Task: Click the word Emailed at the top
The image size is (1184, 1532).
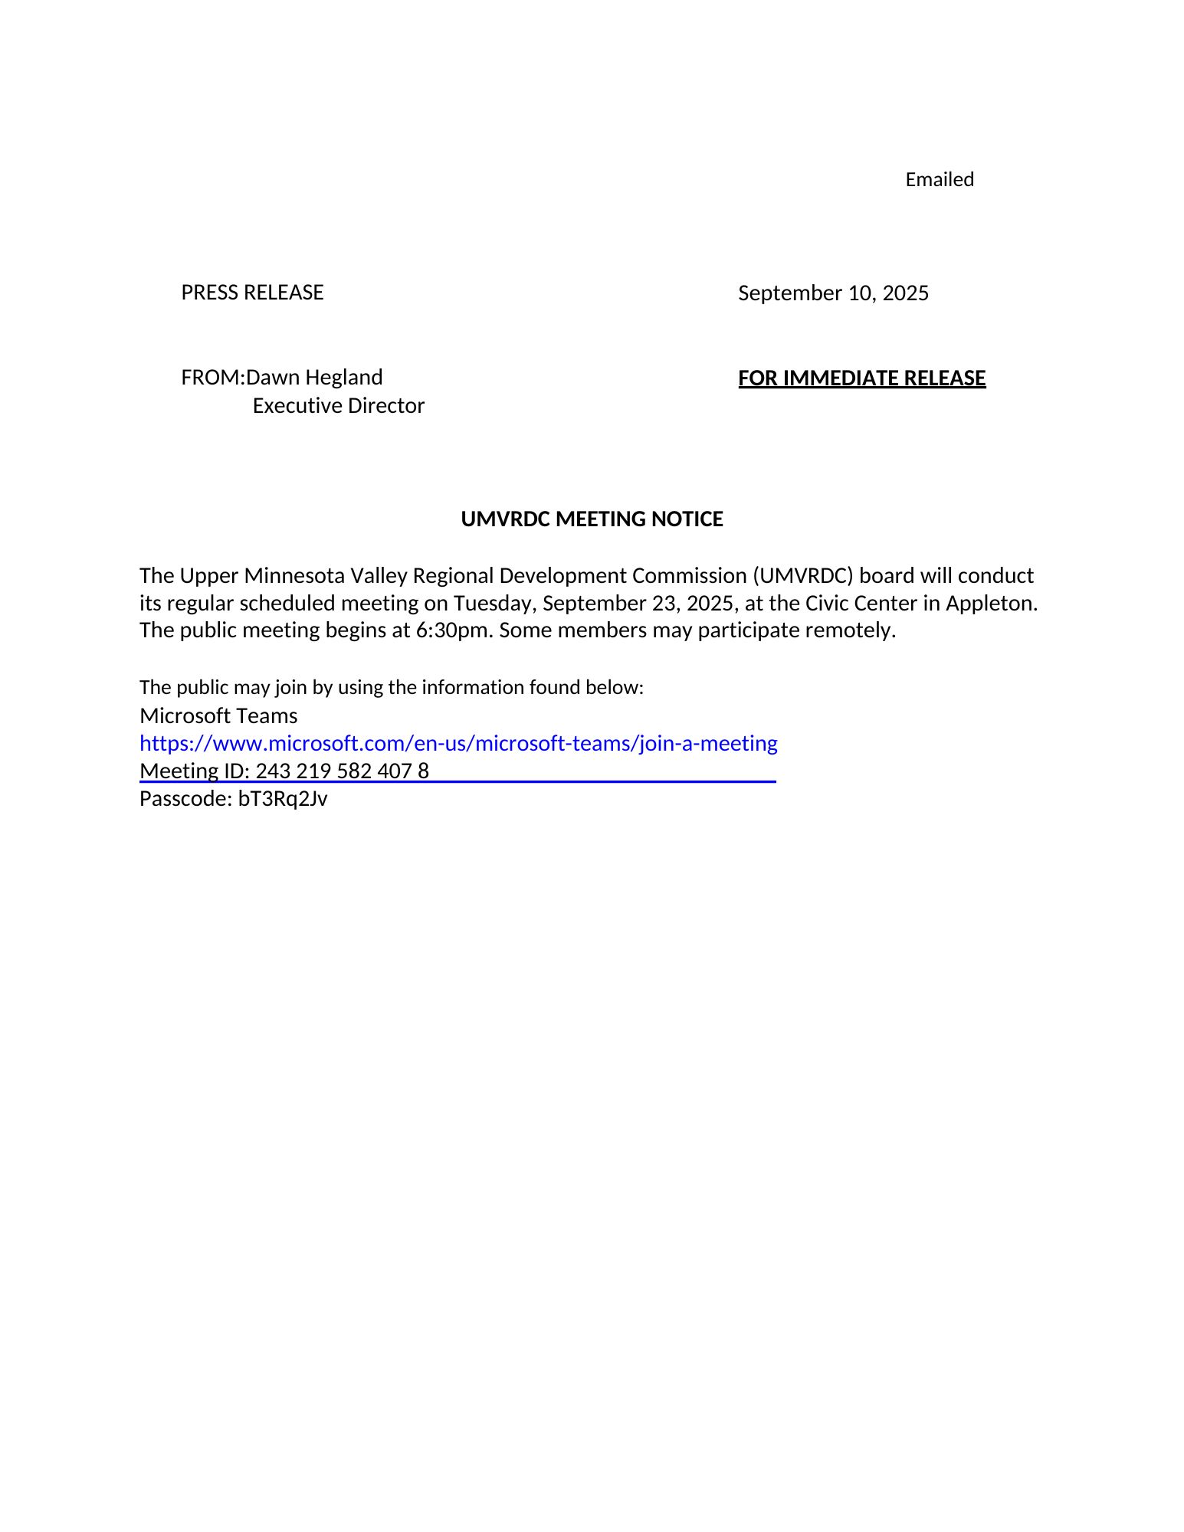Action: (939, 179)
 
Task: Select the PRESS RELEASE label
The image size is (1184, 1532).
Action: (252, 293)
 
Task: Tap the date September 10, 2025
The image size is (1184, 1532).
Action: (833, 293)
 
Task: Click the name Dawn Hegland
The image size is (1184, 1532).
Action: (314, 378)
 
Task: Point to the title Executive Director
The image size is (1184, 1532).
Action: (338, 406)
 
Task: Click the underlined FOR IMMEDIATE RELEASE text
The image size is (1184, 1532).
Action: (861, 378)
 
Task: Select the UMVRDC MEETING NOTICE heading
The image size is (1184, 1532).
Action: (592, 519)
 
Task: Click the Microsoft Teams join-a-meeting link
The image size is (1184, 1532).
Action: (458, 743)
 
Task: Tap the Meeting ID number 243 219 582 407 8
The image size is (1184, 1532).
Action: (342, 771)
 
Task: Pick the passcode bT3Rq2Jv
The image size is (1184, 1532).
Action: (283, 799)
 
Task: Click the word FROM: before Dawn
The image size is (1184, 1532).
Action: (212, 378)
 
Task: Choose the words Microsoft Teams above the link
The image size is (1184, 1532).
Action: (218, 715)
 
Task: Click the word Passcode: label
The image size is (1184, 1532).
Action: (185, 799)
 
